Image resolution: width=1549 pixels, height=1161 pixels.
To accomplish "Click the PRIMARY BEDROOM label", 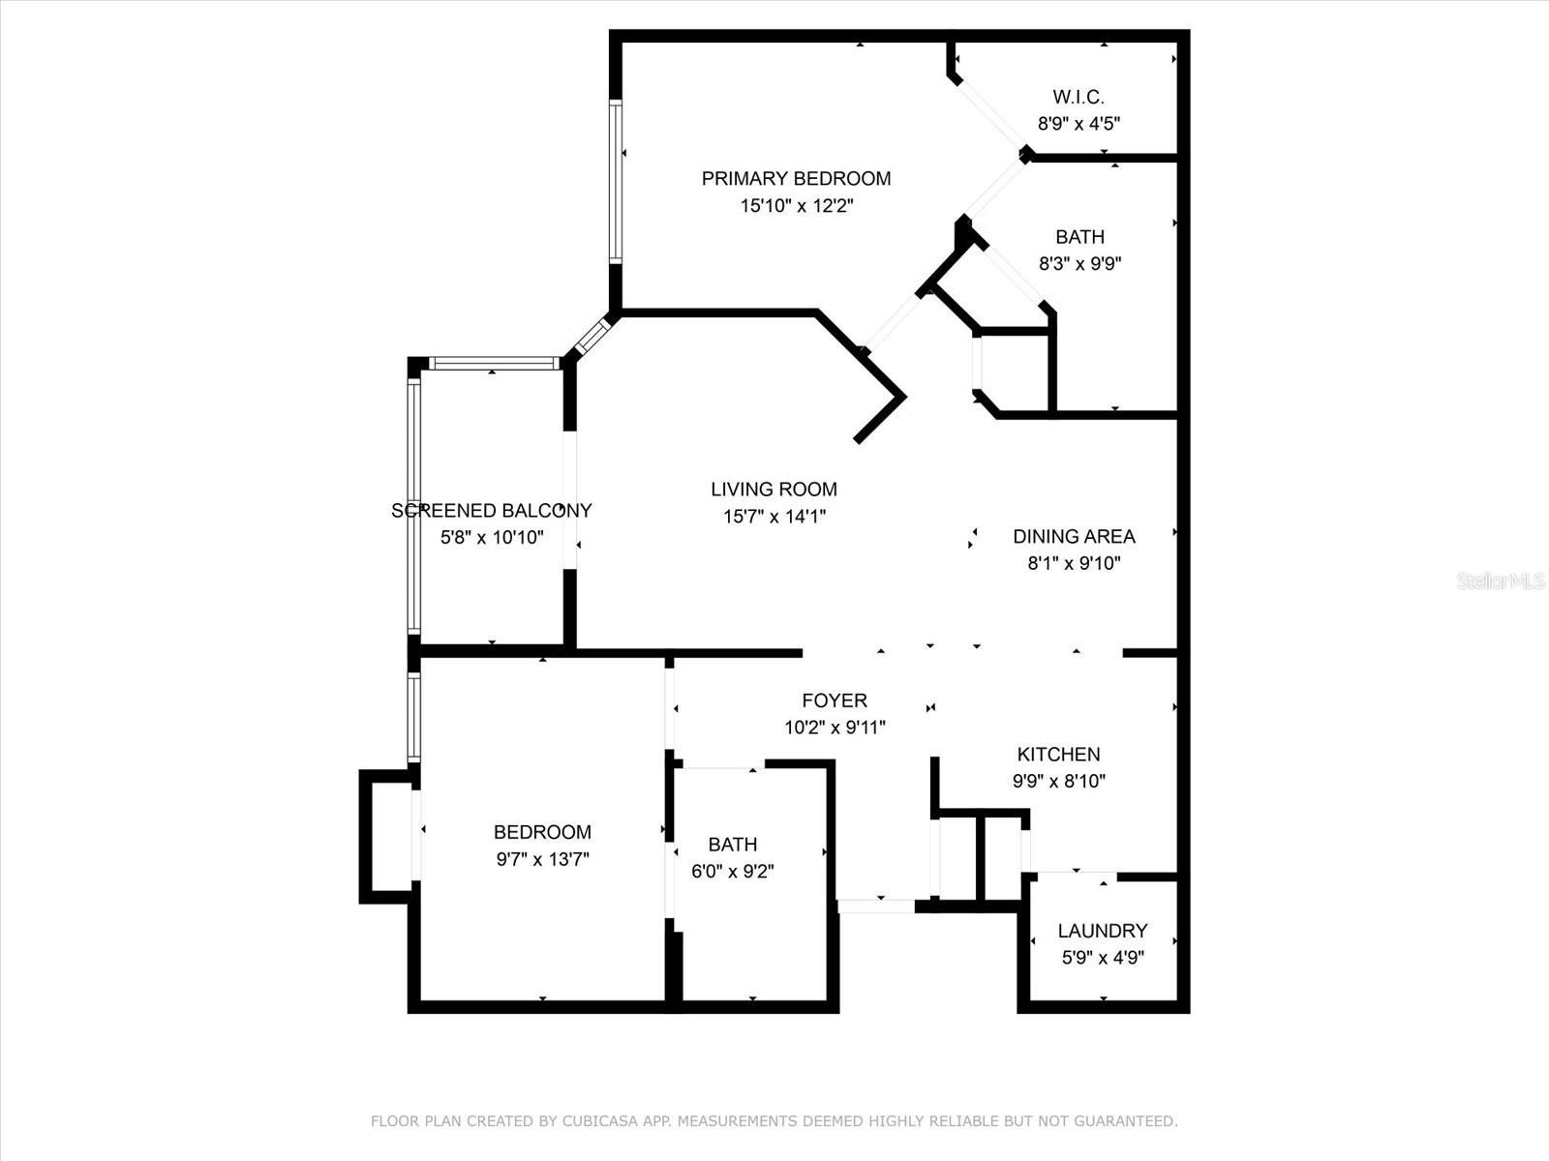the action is click(796, 178).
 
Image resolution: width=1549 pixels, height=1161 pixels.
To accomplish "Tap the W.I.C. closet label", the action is click(1078, 97).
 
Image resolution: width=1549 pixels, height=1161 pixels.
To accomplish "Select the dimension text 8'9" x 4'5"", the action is click(1078, 124).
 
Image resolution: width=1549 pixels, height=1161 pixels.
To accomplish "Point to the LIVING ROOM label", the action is click(774, 490).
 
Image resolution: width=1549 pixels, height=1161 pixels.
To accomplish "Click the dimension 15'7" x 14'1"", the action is click(774, 517).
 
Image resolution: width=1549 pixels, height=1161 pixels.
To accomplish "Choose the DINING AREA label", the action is click(1074, 536).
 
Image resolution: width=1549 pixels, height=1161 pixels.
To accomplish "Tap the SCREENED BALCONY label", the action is click(492, 511).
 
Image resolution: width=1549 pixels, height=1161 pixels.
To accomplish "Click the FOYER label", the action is click(835, 700).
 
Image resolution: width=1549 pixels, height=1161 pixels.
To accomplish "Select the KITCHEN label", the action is click(1058, 755).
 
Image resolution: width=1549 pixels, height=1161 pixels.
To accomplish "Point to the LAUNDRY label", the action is click(1103, 931).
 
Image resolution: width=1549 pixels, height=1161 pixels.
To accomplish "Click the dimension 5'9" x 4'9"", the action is click(1103, 957).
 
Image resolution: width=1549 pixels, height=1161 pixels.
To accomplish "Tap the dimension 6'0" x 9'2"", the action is click(733, 872).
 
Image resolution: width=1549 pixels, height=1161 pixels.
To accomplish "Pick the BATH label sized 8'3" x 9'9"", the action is click(1079, 237).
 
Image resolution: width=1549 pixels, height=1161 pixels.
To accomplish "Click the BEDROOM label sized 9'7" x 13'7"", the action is click(542, 832).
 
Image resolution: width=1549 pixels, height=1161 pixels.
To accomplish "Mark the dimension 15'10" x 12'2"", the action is click(796, 206).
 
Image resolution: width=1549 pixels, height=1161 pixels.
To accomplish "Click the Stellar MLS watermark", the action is click(1501, 580).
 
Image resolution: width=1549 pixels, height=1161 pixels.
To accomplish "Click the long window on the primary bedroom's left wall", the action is click(616, 182).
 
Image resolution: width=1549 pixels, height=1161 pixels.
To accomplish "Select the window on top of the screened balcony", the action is click(494, 364).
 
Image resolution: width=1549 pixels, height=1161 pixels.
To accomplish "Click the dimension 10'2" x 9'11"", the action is click(835, 727).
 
